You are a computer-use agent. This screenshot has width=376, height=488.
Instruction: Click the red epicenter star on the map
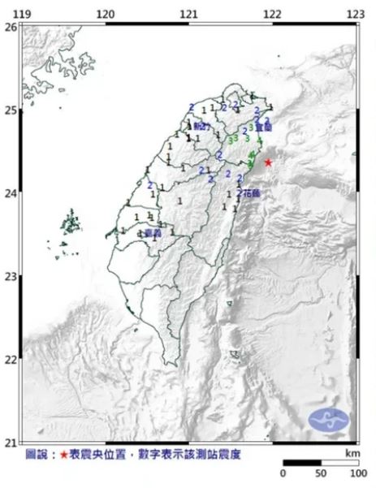point(268,162)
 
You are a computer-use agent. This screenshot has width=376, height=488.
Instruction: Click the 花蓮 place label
point(248,194)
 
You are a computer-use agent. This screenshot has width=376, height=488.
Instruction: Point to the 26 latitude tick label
point(10,26)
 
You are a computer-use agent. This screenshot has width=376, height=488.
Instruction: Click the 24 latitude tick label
point(10,193)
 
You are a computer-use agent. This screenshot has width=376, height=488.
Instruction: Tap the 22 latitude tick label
point(10,359)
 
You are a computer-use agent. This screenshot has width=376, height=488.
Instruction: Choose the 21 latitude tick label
point(10,442)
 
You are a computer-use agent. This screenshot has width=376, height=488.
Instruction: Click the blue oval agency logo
point(329,420)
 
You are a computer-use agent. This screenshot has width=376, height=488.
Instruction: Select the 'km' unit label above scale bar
point(351,451)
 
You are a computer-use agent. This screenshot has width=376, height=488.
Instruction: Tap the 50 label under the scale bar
point(320,473)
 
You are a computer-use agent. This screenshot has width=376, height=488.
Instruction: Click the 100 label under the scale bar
point(356,473)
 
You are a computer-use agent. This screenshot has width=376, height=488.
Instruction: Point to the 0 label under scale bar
point(283,473)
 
